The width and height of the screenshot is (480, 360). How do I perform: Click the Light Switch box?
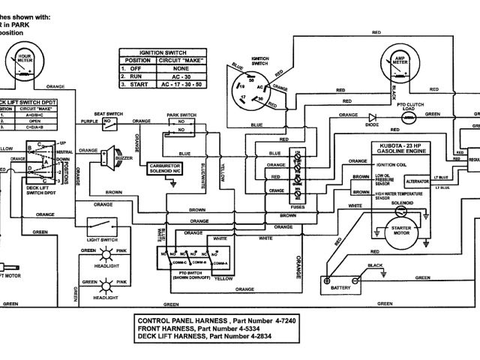(102, 224)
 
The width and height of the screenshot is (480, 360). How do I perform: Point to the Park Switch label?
(181, 115)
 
